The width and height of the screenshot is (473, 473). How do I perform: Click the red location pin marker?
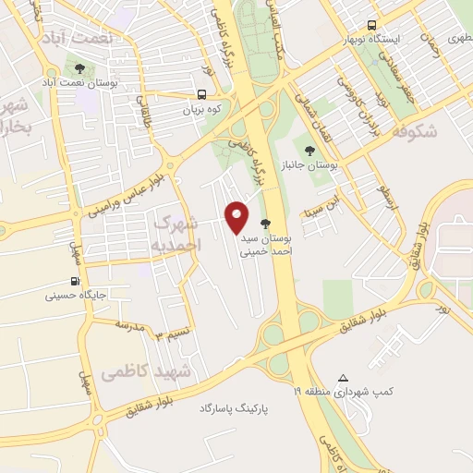[237, 216]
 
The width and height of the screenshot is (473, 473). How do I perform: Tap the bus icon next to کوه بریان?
[201, 94]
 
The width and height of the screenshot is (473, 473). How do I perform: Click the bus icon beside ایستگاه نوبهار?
[371, 25]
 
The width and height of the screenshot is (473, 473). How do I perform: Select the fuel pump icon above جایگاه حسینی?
[75, 282]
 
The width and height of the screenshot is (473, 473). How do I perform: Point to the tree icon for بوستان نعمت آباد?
[79, 68]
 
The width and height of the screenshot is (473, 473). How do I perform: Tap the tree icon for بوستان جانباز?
[309, 151]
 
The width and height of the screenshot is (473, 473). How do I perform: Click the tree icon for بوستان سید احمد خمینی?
[265, 224]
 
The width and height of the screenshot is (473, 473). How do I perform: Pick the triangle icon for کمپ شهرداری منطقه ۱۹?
[344, 378]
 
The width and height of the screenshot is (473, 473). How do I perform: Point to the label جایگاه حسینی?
[77, 297]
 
